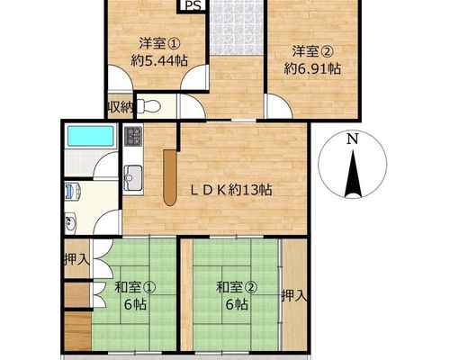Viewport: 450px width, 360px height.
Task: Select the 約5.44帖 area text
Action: pyautogui.click(x=159, y=61)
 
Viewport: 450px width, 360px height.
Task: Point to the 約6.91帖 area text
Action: pyautogui.click(x=312, y=69)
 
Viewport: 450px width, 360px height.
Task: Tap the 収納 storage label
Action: pyautogui.click(x=121, y=107)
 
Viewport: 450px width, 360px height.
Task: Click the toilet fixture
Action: pyautogui.click(x=149, y=106)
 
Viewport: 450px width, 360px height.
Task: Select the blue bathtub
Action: pyautogui.click(x=90, y=136)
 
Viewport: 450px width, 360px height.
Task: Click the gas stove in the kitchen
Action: pyautogui.click(x=133, y=136)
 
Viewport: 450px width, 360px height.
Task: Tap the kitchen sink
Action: pyautogui.click(x=133, y=177)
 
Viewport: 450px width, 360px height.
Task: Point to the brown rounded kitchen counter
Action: pyautogui.click(x=170, y=178)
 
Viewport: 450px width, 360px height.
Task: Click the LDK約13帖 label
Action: pyautogui.click(x=232, y=190)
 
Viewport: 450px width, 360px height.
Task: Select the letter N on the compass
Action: pyautogui.click(x=353, y=139)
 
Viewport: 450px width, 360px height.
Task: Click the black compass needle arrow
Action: pyautogui.click(x=353, y=174)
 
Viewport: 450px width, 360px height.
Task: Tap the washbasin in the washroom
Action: pyautogui.click(x=71, y=222)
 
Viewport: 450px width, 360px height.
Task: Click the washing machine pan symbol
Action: pyautogui.click(x=73, y=192)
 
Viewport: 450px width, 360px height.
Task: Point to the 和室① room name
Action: pyautogui.click(x=135, y=287)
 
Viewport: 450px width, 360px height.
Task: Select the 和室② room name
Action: pyautogui.click(x=237, y=287)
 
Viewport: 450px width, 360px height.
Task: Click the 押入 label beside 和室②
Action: pyautogui.click(x=295, y=296)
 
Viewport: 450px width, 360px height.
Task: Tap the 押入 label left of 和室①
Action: pyautogui.click(x=77, y=259)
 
